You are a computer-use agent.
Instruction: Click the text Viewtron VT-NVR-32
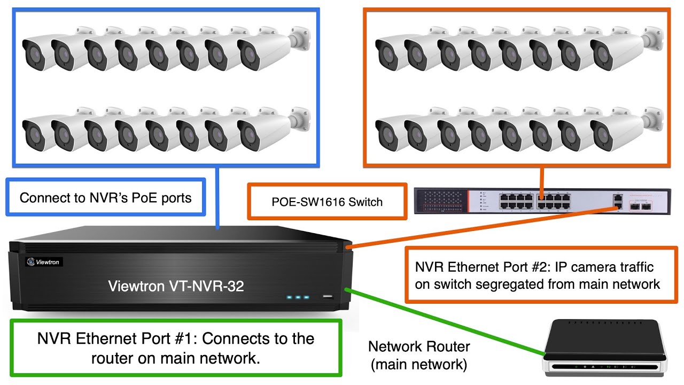click(176, 286)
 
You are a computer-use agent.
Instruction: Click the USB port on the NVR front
click(328, 296)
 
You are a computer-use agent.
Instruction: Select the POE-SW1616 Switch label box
click(327, 202)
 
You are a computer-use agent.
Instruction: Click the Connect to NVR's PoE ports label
click(105, 198)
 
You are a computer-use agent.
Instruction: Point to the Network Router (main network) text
click(419, 356)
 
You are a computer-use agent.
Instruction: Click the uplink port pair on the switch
click(618, 202)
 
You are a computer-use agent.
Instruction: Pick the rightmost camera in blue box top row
click(267, 51)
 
